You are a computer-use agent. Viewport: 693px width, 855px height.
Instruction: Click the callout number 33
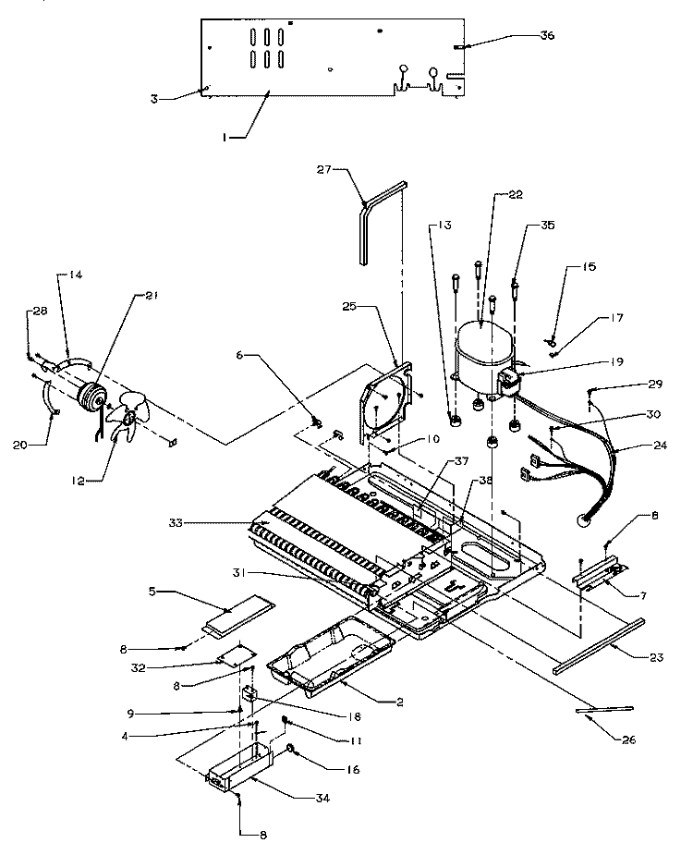click(x=226, y=523)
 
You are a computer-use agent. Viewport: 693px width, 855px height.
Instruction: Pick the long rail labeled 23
click(x=591, y=644)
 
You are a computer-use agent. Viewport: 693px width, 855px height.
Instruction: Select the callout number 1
click(x=225, y=139)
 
